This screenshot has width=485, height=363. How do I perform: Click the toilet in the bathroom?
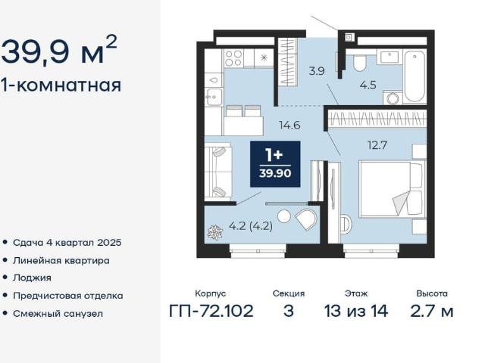tap(359, 63)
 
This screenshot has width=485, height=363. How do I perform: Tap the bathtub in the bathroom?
tap(415, 76)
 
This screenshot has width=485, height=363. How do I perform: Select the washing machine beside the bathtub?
tap(393, 98)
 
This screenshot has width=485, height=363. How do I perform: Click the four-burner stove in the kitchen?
tap(233, 58)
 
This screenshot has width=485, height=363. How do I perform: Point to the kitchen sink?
tap(214, 97)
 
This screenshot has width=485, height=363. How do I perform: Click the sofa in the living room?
tap(218, 172)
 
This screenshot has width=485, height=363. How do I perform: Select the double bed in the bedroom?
tap(390, 189)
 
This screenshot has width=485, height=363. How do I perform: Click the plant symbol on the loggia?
tap(215, 232)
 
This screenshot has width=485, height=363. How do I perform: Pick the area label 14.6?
tap(289, 126)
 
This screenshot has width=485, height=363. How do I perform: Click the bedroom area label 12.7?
tap(377, 144)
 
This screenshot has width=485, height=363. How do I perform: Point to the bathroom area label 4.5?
tap(368, 85)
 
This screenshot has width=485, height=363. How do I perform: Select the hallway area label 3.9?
tap(317, 71)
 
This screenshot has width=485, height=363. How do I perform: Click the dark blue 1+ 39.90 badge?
tap(275, 164)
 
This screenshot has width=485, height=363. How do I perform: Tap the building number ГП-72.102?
tap(211, 311)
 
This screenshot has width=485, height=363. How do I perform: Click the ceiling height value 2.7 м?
tap(432, 311)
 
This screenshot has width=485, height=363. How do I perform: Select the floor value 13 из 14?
tap(356, 311)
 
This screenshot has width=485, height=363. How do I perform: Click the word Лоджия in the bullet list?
tap(32, 278)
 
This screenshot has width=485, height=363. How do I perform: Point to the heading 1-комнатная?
tap(61, 85)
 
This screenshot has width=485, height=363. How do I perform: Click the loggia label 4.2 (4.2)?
tap(251, 226)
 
